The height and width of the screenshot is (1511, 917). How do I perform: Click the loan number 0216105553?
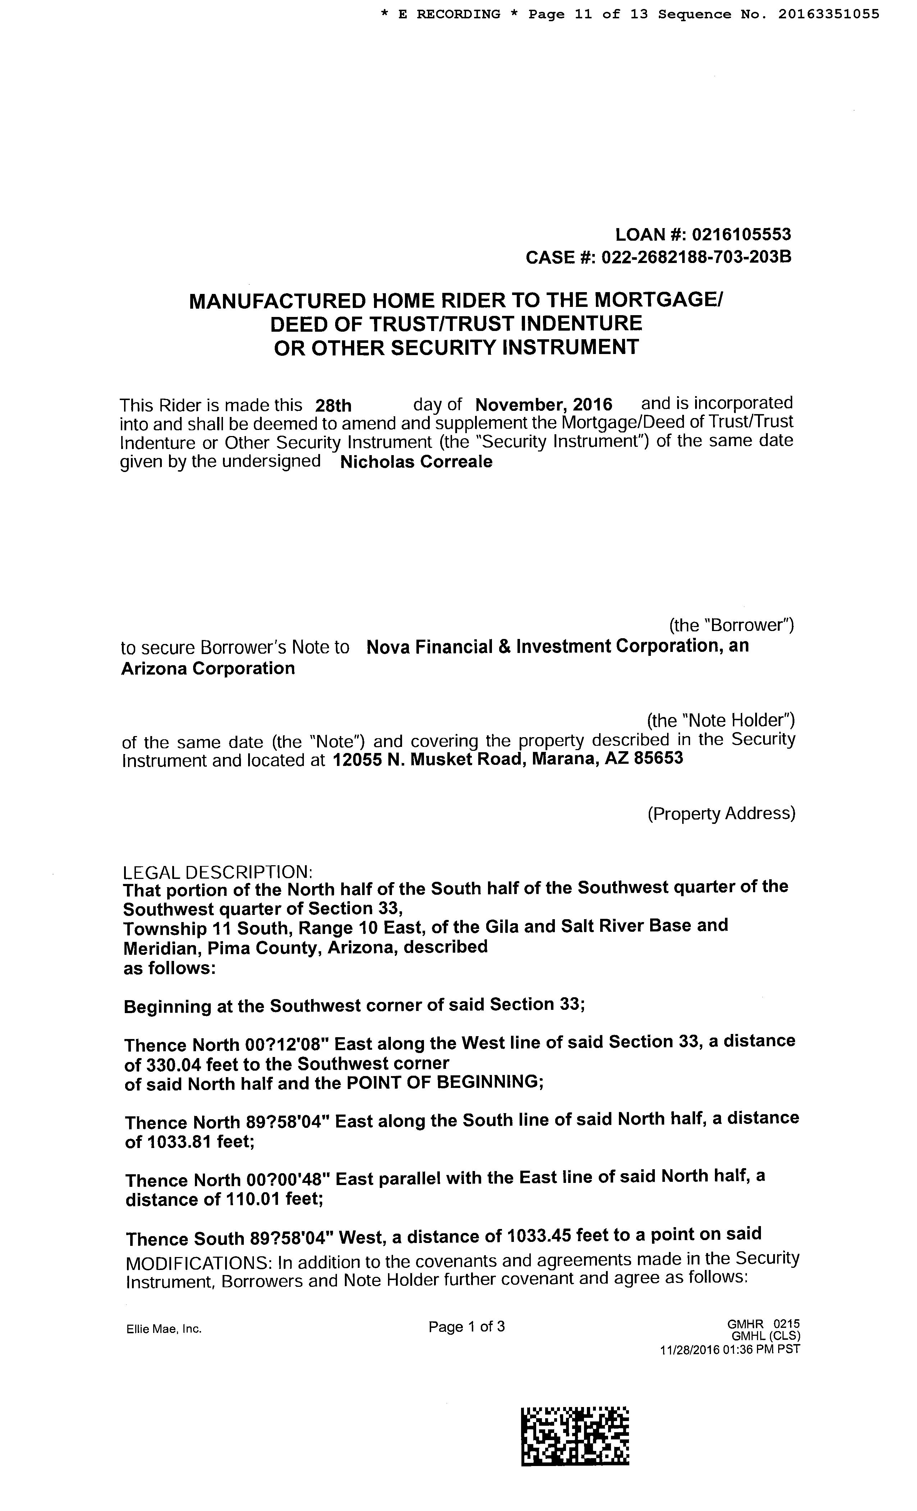click(741, 234)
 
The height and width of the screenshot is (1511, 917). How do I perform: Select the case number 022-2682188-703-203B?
click(696, 257)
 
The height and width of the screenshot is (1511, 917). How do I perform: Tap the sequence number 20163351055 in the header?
click(829, 14)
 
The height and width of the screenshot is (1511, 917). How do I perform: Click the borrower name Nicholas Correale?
click(416, 462)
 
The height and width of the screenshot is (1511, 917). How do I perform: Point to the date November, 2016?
click(544, 405)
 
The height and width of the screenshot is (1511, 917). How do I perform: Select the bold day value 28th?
click(333, 405)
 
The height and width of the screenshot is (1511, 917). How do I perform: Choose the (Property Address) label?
click(721, 813)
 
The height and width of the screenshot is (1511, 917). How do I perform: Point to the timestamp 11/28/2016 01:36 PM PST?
click(729, 1349)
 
